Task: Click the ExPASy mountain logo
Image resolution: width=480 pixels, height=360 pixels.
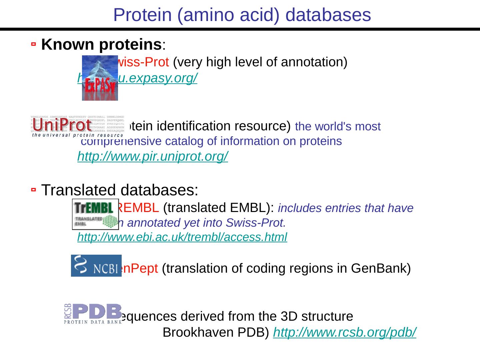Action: click(x=100, y=78)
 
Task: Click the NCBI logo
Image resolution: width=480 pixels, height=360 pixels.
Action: click(x=96, y=266)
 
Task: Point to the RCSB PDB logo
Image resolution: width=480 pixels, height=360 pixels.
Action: click(x=93, y=314)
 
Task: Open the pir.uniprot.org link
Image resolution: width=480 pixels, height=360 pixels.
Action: click(x=152, y=156)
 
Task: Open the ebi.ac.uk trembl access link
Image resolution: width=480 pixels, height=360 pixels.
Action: click(x=182, y=237)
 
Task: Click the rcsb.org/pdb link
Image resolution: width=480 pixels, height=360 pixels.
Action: click(x=345, y=332)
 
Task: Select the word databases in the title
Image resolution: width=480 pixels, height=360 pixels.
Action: click(x=328, y=15)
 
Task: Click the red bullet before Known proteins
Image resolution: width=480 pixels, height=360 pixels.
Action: click(x=33, y=44)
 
